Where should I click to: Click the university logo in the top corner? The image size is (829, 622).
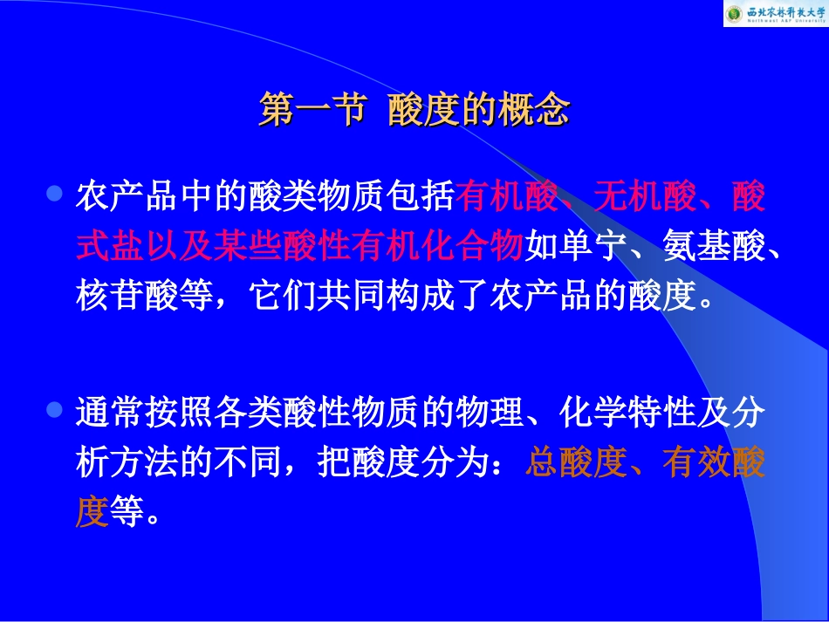[774, 13]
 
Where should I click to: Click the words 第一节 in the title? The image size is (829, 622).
[311, 111]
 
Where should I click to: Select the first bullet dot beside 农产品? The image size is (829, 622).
[56, 193]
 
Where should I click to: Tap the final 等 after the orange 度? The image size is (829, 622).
[126, 512]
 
